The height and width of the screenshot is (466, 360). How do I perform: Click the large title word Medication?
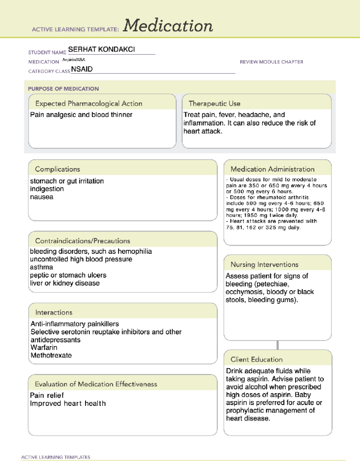[168, 26]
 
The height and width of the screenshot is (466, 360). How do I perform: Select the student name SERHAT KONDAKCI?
[101, 49]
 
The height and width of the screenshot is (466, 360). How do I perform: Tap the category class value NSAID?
[82, 69]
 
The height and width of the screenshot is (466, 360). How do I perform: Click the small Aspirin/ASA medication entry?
[73, 60]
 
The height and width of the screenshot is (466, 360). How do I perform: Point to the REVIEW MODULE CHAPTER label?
[271, 62]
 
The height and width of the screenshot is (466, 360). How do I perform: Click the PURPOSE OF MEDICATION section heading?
[63, 89]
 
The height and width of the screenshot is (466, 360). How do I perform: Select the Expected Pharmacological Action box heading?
[89, 104]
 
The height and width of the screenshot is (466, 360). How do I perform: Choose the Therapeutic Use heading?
[214, 104]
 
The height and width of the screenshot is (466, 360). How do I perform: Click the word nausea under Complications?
[42, 197]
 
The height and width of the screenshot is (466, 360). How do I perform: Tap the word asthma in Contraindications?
[41, 267]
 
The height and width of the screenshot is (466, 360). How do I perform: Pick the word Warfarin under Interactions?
[44, 347]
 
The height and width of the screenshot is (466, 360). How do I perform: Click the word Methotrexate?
[51, 355]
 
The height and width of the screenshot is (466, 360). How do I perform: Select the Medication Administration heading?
[272, 169]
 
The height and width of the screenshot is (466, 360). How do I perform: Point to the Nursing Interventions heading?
[264, 264]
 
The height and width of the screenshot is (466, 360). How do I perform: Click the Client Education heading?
[256, 359]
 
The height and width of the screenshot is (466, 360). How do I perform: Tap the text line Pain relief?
[47, 395]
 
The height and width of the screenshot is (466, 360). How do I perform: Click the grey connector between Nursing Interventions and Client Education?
[277, 345]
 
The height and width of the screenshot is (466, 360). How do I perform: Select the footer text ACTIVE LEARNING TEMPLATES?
[56, 457]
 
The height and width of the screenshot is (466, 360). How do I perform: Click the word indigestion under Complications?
[47, 189]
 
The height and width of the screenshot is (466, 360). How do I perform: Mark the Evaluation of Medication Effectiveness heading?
[96, 384]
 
